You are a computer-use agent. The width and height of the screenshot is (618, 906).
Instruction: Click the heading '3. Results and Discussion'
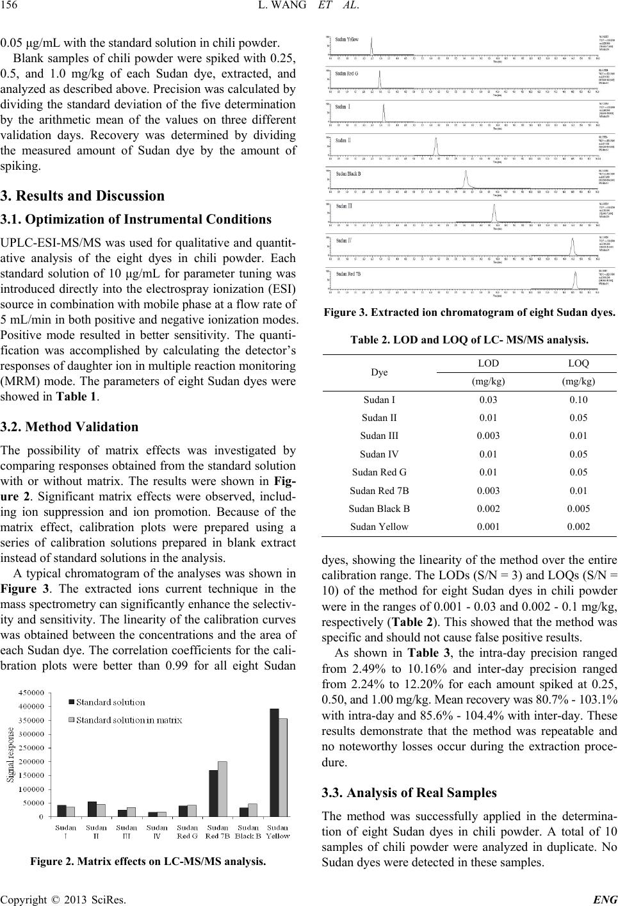tap(83, 195)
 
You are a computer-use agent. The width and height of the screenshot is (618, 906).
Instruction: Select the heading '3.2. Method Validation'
tap(69, 427)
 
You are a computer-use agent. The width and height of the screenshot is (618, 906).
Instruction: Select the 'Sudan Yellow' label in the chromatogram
tap(346, 39)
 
